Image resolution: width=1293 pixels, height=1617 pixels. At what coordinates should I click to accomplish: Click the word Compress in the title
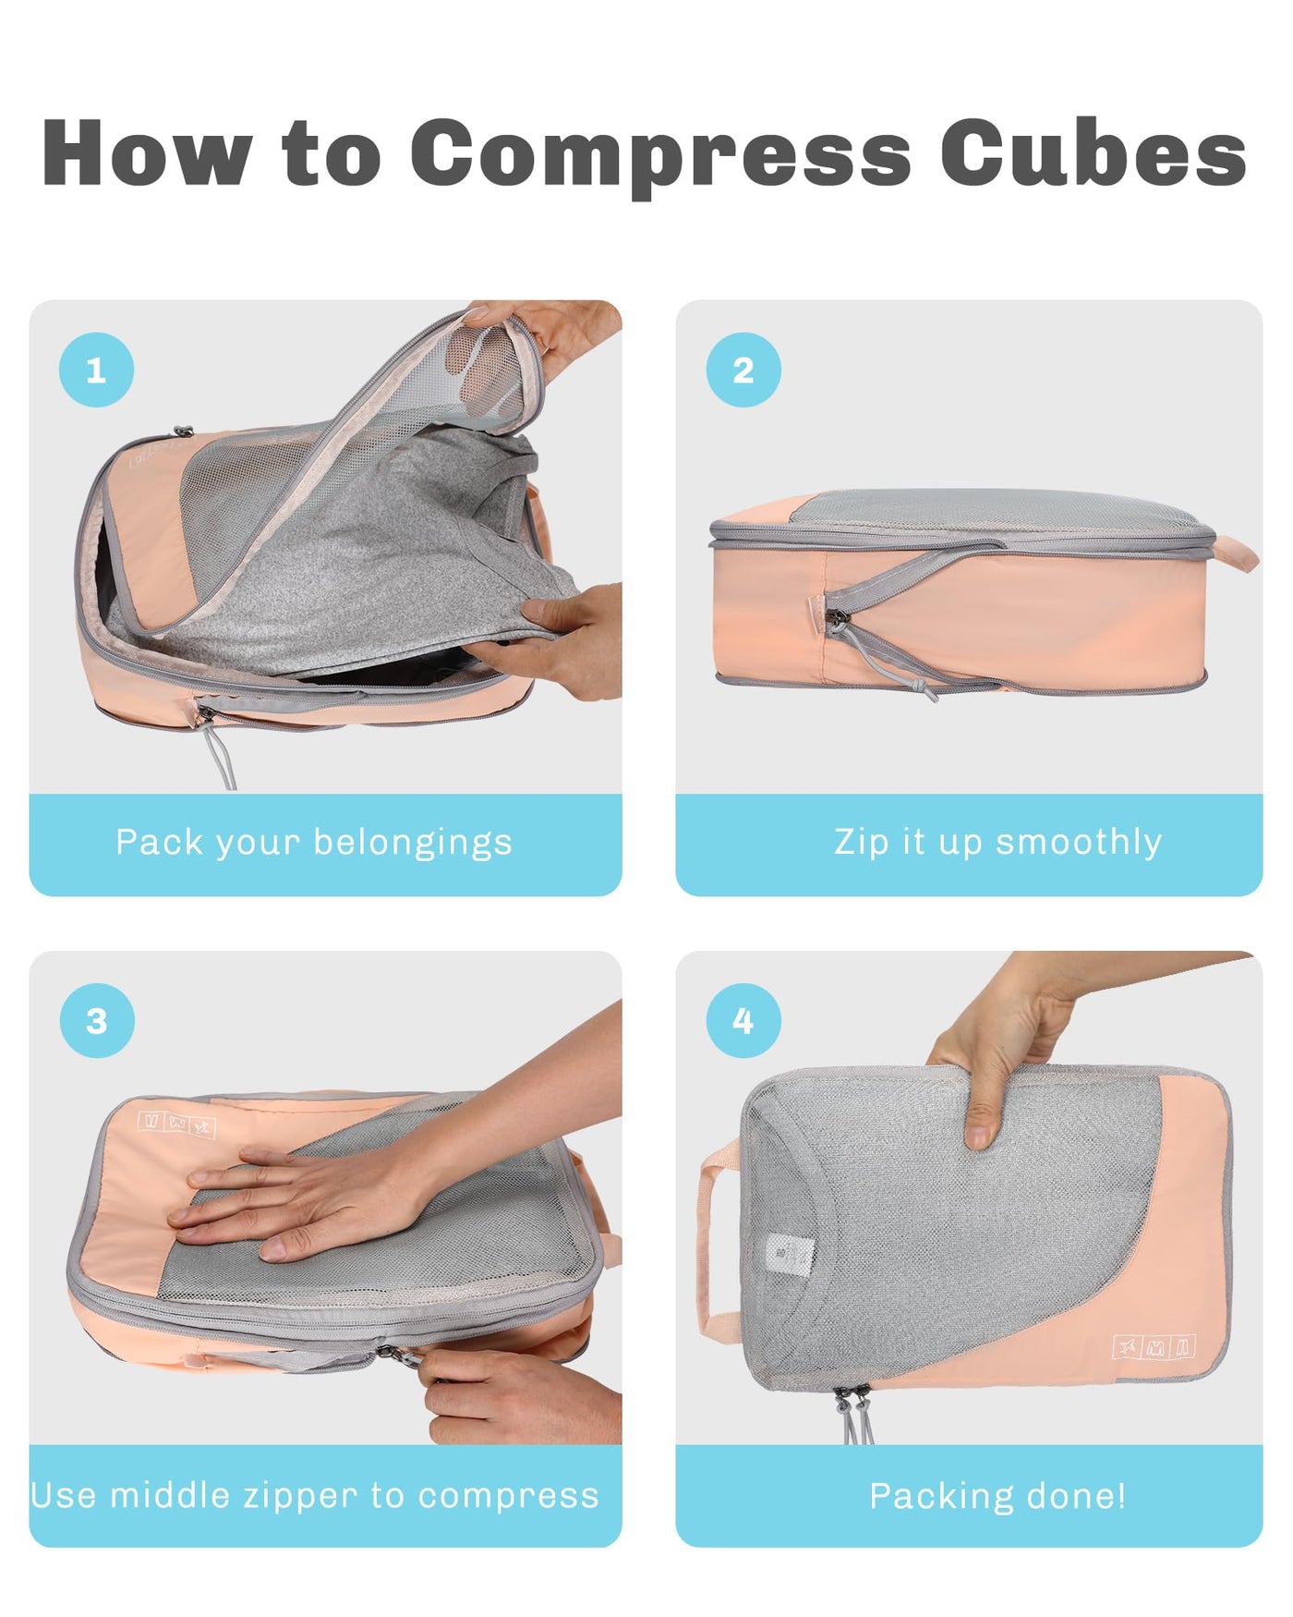pyautogui.click(x=660, y=154)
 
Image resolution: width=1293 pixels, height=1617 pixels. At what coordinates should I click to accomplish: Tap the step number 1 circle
pyautogui.click(x=96, y=370)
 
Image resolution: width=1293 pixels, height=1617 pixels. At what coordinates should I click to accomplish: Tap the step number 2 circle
pyautogui.click(x=743, y=370)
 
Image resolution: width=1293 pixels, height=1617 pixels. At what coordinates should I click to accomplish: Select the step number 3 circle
pyautogui.click(x=96, y=1020)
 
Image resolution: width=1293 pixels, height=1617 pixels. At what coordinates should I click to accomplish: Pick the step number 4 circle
pyautogui.click(x=743, y=1020)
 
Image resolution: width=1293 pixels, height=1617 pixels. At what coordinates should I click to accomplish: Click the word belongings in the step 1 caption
pyautogui.click(x=413, y=844)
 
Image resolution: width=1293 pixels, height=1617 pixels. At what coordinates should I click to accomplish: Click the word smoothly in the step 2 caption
pyautogui.click(x=1079, y=843)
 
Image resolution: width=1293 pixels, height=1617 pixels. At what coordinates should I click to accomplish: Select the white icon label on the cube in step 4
pyautogui.click(x=1154, y=1347)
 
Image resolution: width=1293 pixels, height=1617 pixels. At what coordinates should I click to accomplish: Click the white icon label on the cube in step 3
pyautogui.click(x=176, y=1124)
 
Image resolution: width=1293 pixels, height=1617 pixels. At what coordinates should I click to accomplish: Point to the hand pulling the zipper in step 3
pyautogui.click(x=517, y=1395)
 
